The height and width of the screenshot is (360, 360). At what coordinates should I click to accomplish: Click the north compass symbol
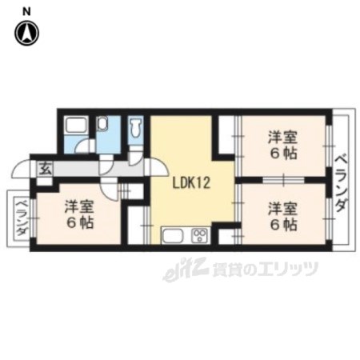(26, 33)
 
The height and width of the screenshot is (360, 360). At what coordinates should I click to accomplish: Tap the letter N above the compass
(26, 11)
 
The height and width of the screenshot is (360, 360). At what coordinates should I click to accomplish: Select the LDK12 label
(191, 183)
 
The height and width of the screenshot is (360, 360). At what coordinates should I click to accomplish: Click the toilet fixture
(136, 127)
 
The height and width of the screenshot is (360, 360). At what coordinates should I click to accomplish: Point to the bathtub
(76, 125)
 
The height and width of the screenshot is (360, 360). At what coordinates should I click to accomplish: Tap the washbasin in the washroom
(102, 124)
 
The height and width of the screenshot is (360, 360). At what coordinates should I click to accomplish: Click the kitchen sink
(173, 235)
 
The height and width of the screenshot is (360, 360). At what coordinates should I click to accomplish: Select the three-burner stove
(200, 235)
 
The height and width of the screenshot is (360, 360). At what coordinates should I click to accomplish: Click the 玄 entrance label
(46, 169)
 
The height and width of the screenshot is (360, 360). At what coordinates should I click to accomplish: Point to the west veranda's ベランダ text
(22, 218)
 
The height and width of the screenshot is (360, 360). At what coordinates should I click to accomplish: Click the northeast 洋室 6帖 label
(282, 146)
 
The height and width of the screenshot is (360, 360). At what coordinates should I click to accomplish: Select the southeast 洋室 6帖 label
(282, 217)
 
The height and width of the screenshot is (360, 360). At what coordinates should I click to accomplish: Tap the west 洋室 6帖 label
(79, 214)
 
